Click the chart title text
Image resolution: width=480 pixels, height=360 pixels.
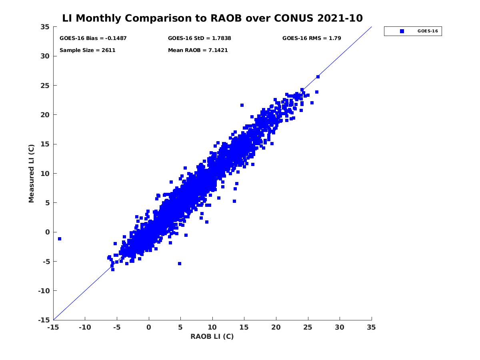coord(212,18)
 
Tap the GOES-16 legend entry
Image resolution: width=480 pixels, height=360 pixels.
coord(413,31)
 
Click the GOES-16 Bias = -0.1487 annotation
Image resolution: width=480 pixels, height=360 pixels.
coord(93,38)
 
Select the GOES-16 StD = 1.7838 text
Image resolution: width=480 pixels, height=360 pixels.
coord(199,38)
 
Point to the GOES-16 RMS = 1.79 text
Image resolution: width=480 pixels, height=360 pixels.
coord(312,38)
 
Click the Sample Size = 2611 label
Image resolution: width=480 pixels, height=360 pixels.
coord(88,50)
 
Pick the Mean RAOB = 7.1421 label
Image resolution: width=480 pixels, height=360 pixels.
coord(198,50)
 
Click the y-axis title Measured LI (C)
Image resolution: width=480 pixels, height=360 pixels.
coord(31,174)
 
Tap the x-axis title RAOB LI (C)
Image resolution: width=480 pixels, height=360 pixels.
coord(212,336)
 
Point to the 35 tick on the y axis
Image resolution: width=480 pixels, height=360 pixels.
coord(45,27)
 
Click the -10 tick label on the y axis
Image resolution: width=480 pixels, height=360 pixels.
coord(44,291)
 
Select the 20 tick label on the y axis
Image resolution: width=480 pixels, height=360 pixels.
coord(45,115)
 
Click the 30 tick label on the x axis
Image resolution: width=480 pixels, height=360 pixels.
coord(340,327)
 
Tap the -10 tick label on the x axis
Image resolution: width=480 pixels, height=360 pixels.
coord(85,327)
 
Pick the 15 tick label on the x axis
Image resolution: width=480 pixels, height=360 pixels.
coord(244,327)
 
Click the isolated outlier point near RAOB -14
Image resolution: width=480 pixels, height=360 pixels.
coord(60,239)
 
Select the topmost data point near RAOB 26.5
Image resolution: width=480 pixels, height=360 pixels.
coord(318,77)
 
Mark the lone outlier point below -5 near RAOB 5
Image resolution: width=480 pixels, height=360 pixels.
coord(180,264)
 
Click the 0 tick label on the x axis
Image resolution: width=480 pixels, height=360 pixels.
coord(149,327)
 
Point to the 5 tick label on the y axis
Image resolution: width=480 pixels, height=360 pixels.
coord(47,203)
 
